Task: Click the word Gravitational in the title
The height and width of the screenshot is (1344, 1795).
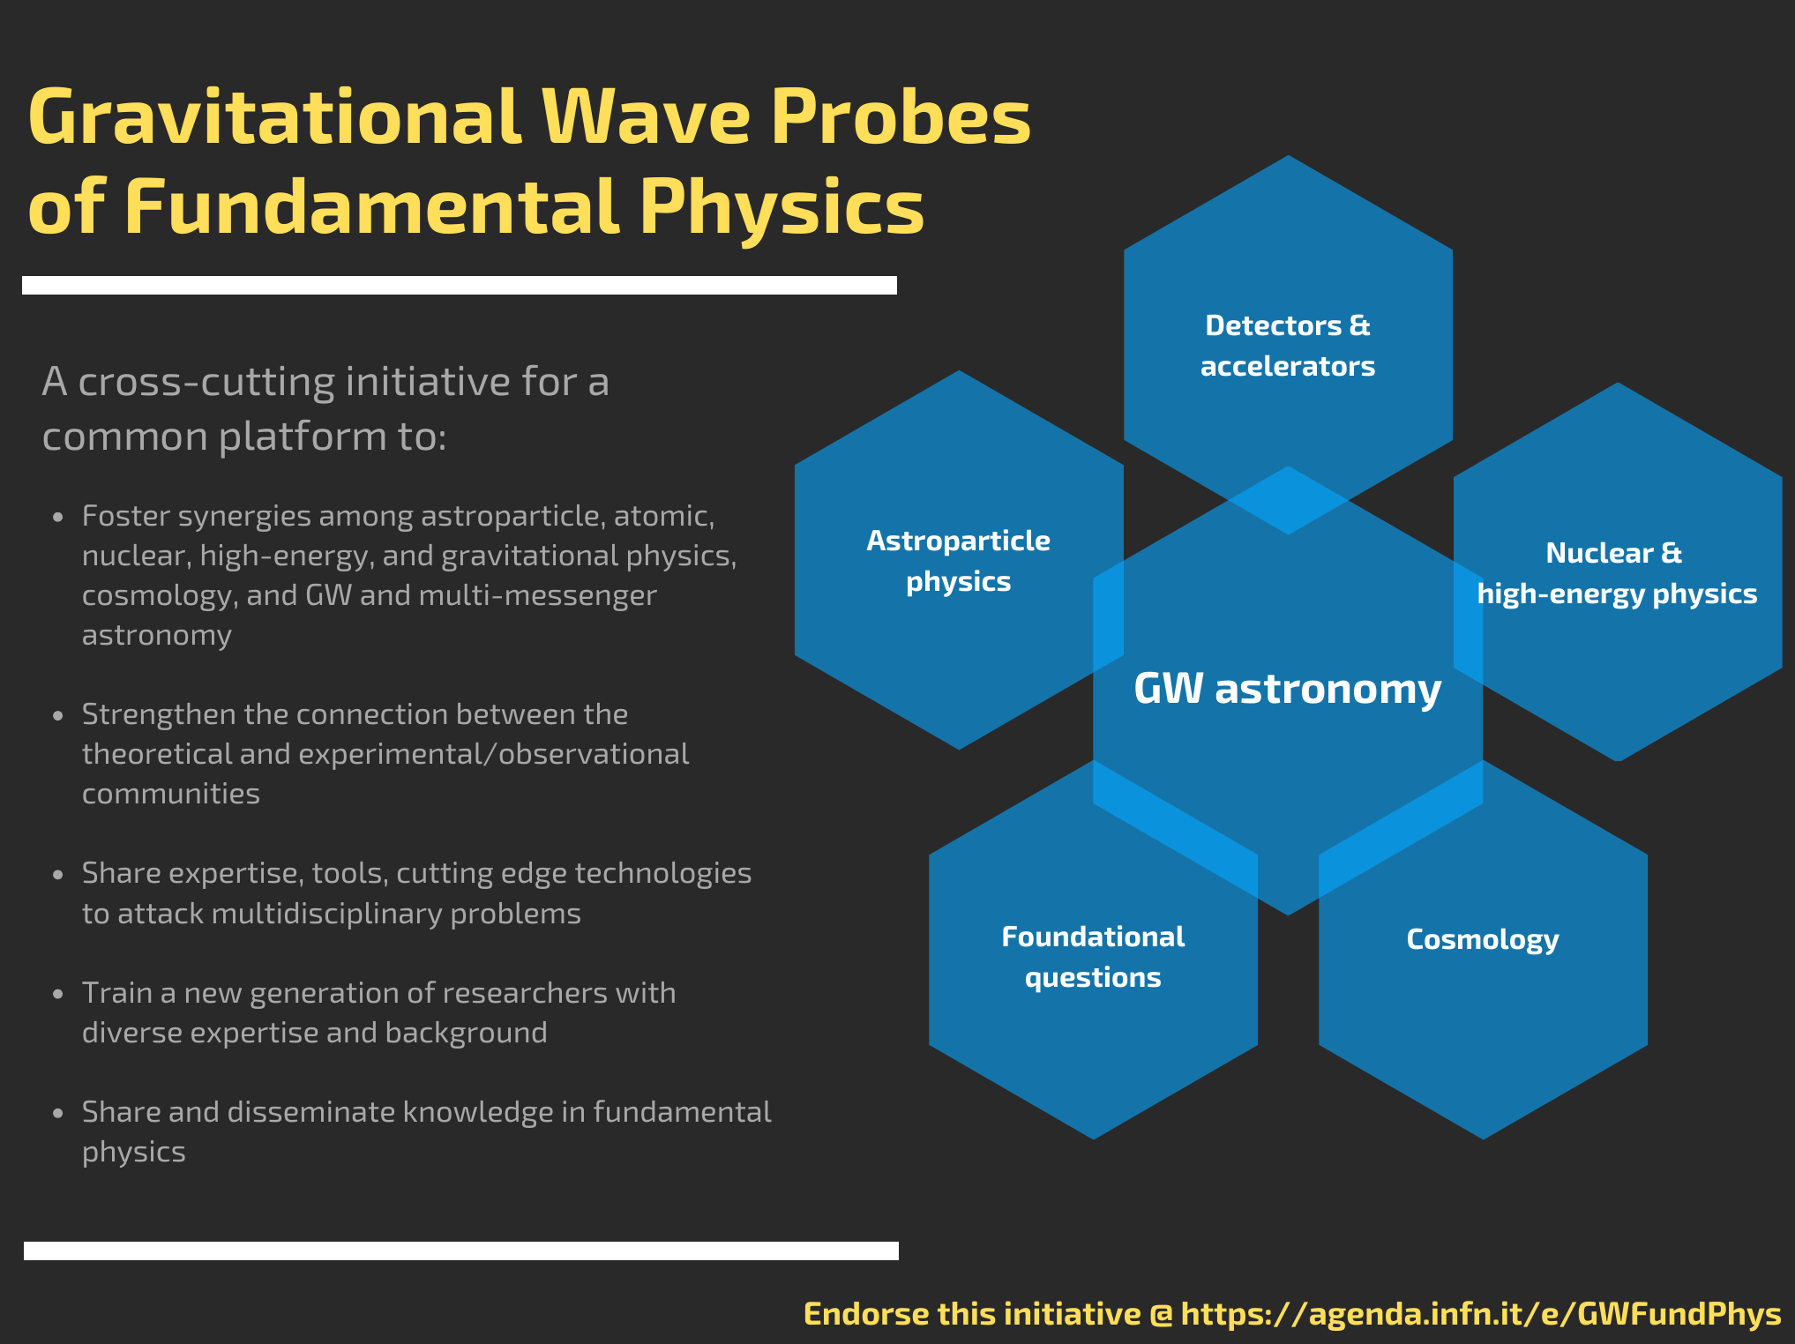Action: tap(275, 117)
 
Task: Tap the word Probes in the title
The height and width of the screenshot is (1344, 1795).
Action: tap(901, 117)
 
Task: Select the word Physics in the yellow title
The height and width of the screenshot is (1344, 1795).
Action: tap(782, 208)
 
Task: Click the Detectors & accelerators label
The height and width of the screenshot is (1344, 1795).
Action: tap(1288, 346)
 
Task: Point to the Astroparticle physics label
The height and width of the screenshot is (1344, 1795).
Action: tap(959, 562)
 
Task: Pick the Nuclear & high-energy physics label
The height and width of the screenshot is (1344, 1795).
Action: tap(1617, 574)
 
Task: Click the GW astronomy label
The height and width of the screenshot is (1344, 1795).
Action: tap(1287, 689)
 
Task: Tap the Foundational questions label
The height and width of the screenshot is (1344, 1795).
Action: tap(1093, 957)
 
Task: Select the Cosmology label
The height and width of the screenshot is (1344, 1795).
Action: tap(1483, 940)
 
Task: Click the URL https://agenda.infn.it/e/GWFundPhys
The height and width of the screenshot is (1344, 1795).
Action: tap(1481, 1314)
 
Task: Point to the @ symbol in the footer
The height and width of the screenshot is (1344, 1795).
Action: tap(1162, 1315)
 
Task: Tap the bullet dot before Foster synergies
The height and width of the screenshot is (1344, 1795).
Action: tap(58, 517)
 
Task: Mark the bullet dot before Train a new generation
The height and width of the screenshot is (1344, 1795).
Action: tap(58, 994)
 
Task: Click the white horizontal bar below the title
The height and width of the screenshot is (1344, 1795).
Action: tap(460, 285)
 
